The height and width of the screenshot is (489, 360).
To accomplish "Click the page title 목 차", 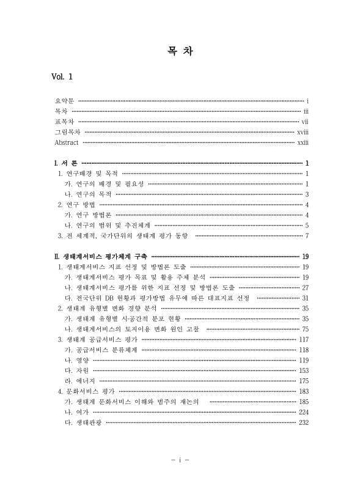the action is pyautogui.click(x=180, y=51).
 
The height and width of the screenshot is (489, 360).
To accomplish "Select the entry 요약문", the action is pyautogui.click(x=64, y=100).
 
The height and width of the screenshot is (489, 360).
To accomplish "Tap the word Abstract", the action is pyautogui.click(x=67, y=142).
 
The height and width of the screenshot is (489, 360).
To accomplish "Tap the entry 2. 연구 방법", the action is pyautogui.click(x=76, y=205).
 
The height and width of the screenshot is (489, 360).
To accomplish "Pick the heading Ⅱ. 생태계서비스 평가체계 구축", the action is pyautogui.click(x=101, y=257).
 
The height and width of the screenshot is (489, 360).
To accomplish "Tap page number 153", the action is pyautogui.click(x=303, y=370).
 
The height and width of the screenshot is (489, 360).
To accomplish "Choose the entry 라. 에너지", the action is pyautogui.click(x=78, y=381).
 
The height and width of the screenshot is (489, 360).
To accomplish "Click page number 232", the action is pyautogui.click(x=303, y=422).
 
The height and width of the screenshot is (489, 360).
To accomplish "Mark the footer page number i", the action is pyautogui.click(x=180, y=459).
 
